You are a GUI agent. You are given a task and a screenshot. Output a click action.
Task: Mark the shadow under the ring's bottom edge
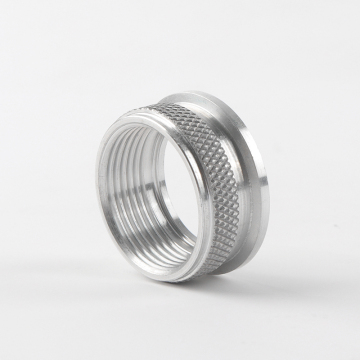point(200,282)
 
